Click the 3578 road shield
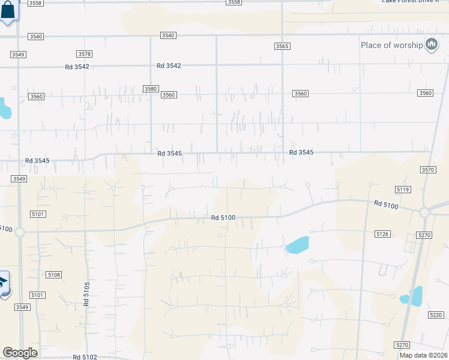coord(85,54)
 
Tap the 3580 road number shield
coord(150,89)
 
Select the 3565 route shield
coord(282,46)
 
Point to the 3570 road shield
coord(428,170)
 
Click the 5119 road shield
coord(403,189)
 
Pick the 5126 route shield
coord(382,233)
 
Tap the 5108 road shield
coord(53,274)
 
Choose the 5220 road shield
coord(436,315)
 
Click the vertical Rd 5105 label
coord(87,295)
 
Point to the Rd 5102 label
coord(85,357)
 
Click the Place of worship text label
coord(391,45)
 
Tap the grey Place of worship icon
coord(431,44)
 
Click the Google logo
coord(20,353)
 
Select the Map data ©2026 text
coord(423,355)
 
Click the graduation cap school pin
coord(3,283)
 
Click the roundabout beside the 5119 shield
coord(426,212)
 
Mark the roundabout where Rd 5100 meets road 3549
coord(19,231)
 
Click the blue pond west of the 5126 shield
coord(297,245)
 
